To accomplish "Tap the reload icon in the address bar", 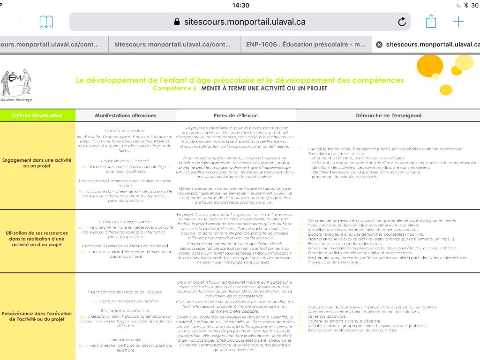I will (402, 22).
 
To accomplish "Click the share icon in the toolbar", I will (431, 22).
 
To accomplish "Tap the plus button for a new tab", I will (458, 22).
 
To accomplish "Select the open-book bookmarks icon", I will (46, 22).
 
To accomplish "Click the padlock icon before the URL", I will (177, 22).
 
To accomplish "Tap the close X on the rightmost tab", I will (379, 45).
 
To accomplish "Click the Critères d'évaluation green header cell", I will (37, 115).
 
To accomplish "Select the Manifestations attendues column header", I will (126, 115).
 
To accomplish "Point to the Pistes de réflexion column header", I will (236, 115).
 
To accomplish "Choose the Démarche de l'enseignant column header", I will (388, 115).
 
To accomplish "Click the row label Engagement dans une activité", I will (37, 163).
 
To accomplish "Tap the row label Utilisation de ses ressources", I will (37, 239).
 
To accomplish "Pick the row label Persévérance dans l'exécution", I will (37, 316).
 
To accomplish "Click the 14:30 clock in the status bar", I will (240, 5).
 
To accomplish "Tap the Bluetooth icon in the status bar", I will (466, 5).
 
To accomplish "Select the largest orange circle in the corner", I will (429, 65).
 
